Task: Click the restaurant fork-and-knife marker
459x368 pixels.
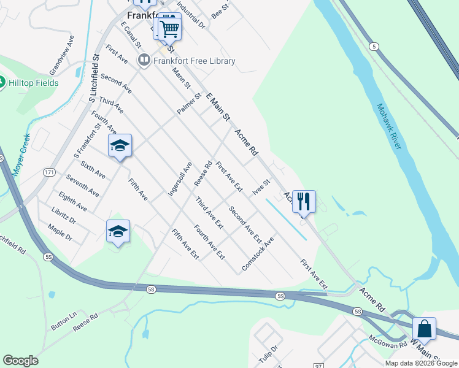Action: [x=304, y=201]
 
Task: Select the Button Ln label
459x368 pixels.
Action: [x=64, y=321]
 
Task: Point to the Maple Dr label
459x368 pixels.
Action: [x=60, y=234]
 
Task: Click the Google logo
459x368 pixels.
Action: [x=20, y=361]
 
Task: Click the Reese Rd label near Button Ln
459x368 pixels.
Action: [x=85, y=323]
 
